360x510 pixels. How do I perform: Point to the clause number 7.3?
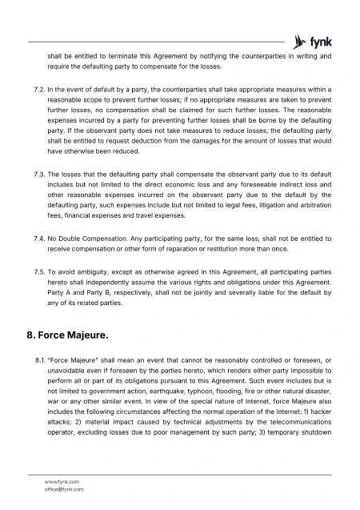point(34,172)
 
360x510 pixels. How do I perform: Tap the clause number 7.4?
point(34,238)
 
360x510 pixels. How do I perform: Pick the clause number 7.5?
point(34,271)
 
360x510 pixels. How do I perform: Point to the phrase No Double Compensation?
point(89,238)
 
